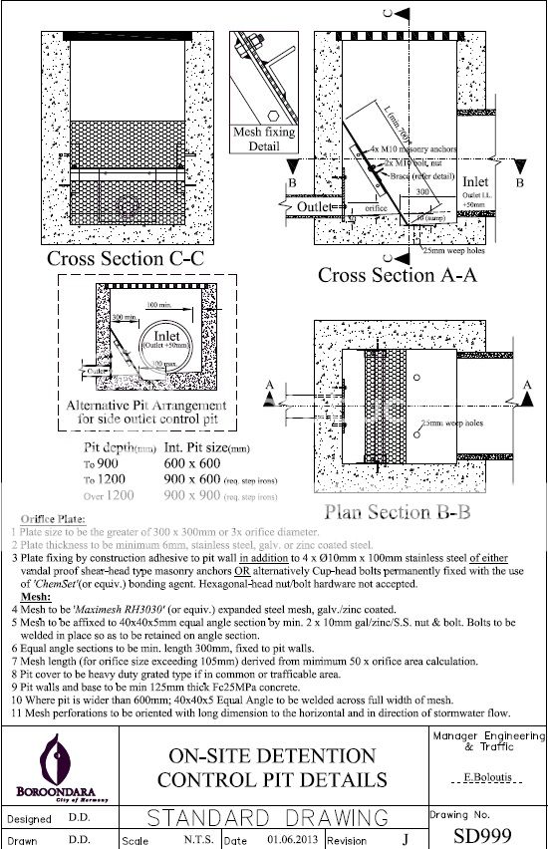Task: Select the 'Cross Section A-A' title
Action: tap(397, 275)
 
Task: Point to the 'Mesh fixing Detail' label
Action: tap(257, 139)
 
